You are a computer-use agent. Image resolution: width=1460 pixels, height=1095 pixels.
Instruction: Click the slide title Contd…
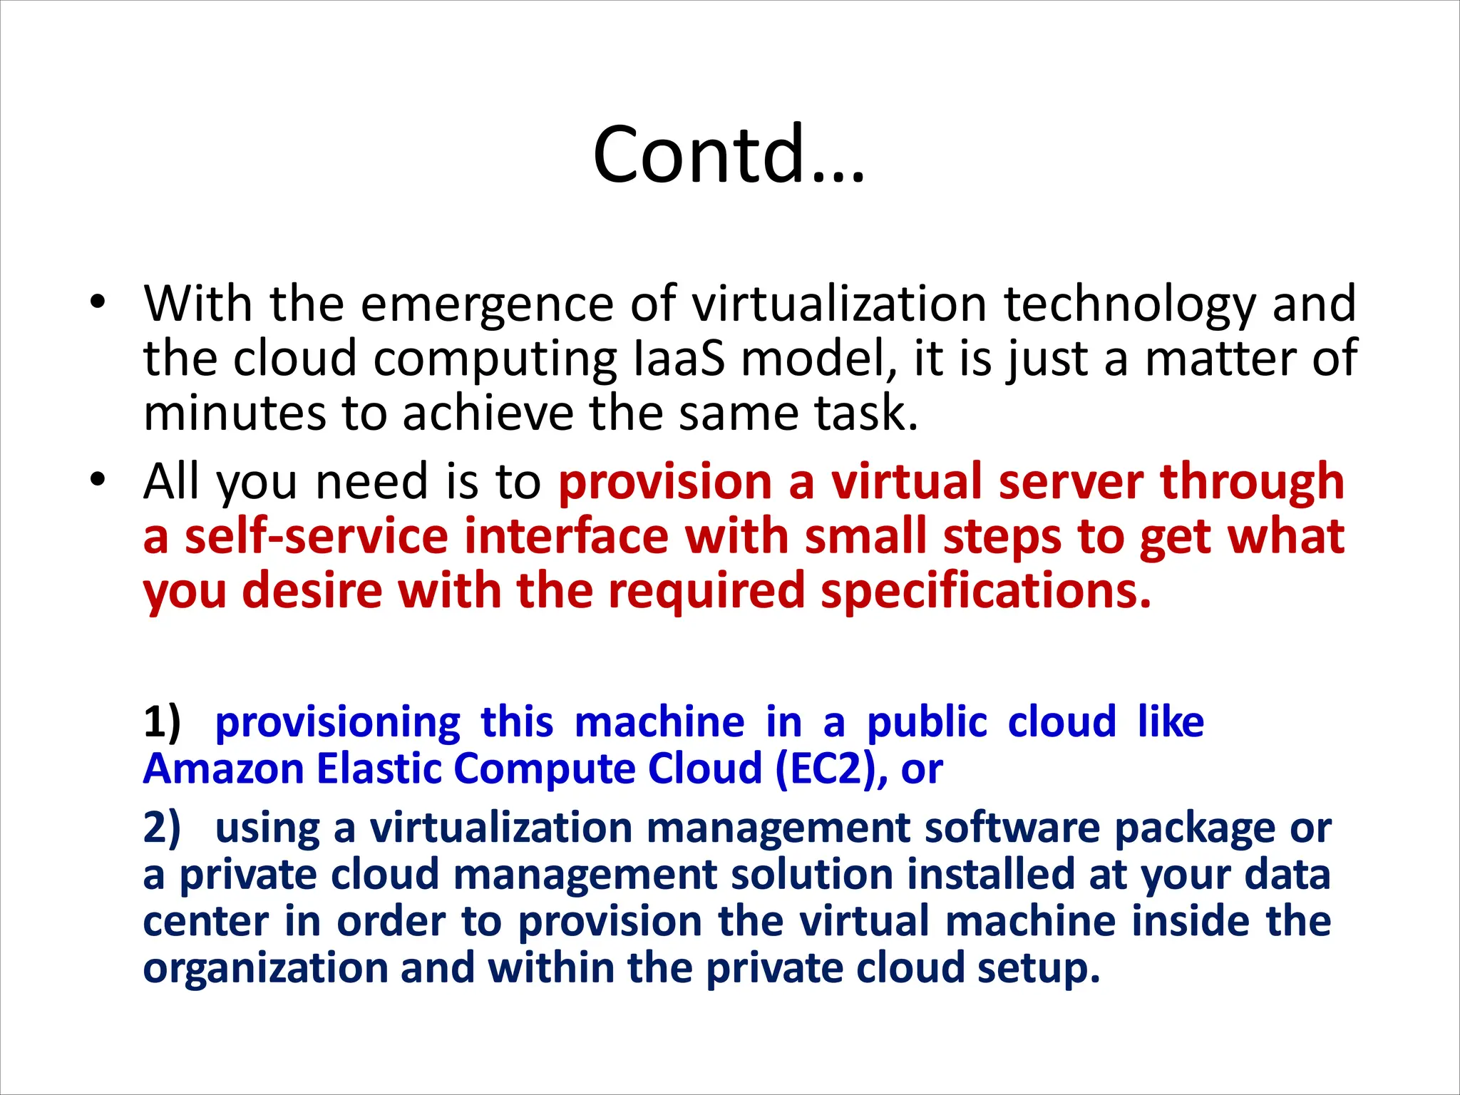point(729,154)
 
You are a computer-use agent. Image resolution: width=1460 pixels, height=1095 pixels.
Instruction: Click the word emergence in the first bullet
point(487,304)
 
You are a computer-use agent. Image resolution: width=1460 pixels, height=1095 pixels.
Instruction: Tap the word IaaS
point(679,359)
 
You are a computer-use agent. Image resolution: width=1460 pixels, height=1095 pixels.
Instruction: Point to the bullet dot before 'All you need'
point(98,479)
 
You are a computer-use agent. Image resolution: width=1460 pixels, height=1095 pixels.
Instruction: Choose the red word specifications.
point(986,592)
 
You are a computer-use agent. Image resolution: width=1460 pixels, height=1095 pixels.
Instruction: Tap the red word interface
point(566,536)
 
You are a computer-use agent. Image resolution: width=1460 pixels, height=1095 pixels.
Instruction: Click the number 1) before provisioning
point(162,721)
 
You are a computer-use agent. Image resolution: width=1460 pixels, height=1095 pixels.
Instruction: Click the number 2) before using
point(162,828)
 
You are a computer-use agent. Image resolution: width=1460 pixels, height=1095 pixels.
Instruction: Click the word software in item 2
point(1012,828)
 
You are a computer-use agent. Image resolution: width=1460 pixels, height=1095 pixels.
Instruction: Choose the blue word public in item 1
point(927,723)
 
